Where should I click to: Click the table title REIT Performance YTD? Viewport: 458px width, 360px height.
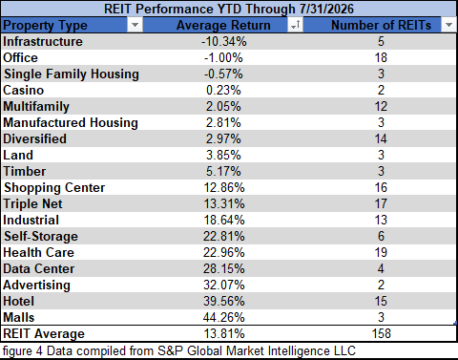coord(229,9)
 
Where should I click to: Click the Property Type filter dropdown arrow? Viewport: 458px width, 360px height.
coord(135,25)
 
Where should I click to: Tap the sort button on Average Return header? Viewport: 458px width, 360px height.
coord(295,25)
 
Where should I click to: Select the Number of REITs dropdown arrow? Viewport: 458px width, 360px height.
coord(448,25)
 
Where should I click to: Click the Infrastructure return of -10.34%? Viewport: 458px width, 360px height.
coord(223,41)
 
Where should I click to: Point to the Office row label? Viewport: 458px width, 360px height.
coord(20,57)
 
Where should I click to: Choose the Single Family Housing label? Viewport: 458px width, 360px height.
coord(72,74)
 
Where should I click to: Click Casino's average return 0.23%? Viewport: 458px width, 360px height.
coord(223,90)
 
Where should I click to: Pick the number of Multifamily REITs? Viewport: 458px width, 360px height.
coord(381,106)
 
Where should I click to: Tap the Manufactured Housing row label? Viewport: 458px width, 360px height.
coord(71,122)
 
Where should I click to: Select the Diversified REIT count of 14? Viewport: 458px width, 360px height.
coord(381,138)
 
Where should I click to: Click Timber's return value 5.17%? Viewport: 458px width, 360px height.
coord(223,171)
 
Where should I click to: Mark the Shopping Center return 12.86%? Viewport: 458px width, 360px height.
coord(224,187)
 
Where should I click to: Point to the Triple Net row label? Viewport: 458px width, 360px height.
coord(32,204)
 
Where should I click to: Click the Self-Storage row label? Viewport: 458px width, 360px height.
coord(41,236)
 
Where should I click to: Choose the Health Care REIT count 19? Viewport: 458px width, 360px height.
coord(381,252)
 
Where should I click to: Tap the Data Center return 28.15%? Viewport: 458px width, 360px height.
coord(224,268)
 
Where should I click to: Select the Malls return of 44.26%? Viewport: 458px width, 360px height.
coord(224,317)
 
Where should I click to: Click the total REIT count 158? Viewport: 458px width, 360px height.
coord(381,333)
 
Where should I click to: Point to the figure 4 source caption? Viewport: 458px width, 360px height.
coord(179,351)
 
